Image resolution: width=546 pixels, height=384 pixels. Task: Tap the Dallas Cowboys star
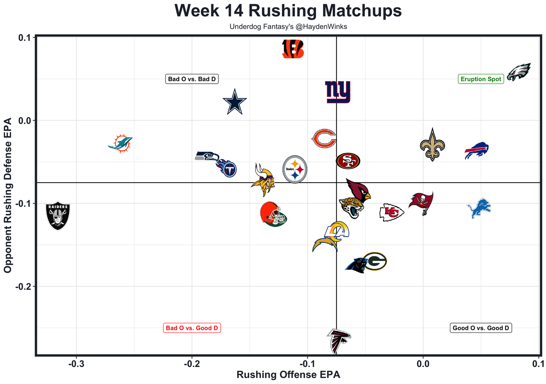(235, 102)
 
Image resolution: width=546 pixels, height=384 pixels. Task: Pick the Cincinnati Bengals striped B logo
(293, 49)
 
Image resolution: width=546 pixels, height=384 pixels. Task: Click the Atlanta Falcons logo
(339, 341)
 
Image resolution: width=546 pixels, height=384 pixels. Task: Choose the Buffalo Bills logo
(476, 151)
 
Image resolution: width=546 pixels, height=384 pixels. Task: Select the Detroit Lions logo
(479, 208)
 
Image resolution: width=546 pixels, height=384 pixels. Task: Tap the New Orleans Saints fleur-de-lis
(433, 145)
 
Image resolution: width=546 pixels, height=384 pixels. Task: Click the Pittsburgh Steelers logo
(295, 169)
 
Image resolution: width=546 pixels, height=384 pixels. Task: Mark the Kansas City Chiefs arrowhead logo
(392, 212)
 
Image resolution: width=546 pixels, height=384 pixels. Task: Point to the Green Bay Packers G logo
(375, 262)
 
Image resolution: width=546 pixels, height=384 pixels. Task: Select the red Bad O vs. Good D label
(192, 328)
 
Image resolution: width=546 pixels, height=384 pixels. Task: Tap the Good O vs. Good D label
(481, 328)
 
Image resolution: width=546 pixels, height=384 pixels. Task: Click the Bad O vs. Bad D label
(192, 79)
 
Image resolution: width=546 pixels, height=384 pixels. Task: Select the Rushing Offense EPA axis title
(288, 375)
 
